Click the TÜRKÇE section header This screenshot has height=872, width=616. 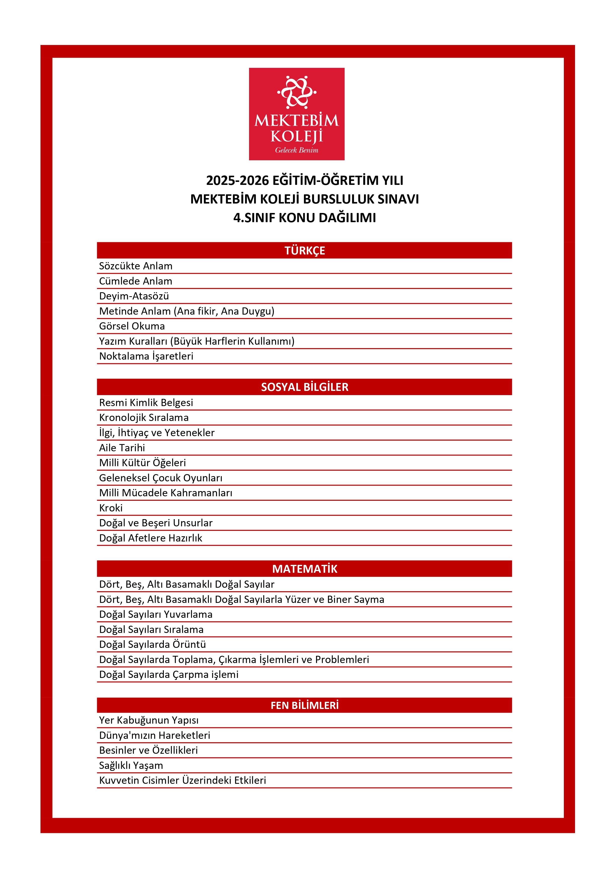[x=304, y=251]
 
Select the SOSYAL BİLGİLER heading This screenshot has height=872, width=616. [x=304, y=387]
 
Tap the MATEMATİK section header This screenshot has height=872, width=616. [x=304, y=569]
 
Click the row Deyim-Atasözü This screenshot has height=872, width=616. [x=134, y=296]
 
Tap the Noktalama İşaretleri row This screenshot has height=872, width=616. [x=146, y=356]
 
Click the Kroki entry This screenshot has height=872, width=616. [x=111, y=508]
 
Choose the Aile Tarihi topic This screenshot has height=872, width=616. [x=122, y=448]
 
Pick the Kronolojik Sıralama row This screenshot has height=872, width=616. [x=144, y=418]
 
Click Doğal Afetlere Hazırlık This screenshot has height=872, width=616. [x=151, y=538]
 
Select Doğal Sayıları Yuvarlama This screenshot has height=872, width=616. [x=156, y=615]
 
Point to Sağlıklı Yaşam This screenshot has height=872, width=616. [x=131, y=765]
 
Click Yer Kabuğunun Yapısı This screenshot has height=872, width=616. [x=149, y=720]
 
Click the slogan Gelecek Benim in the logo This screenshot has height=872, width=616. [x=296, y=150]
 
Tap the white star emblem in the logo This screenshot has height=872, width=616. [x=296, y=92]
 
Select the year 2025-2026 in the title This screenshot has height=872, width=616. [x=237, y=180]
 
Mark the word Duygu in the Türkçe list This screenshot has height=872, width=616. [x=257, y=311]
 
